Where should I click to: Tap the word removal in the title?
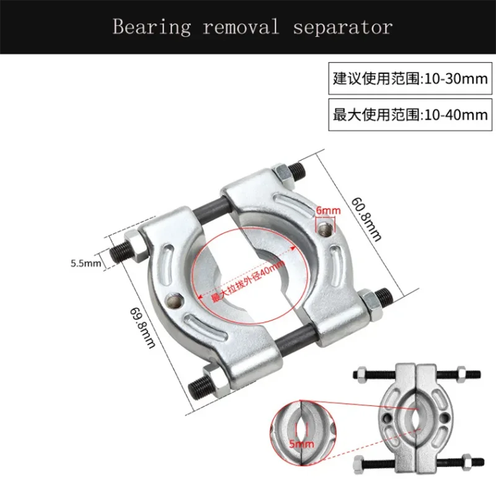pyautogui.click(x=238, y=27)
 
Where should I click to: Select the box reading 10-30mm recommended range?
pyautogui.click(x=410, y=79)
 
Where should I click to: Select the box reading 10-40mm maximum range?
pyautogui.click(x=410, y=115)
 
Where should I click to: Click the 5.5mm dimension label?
pyautogui.click(x=86, y=263)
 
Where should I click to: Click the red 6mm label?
pyautogui.click(x=327, y=211)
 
